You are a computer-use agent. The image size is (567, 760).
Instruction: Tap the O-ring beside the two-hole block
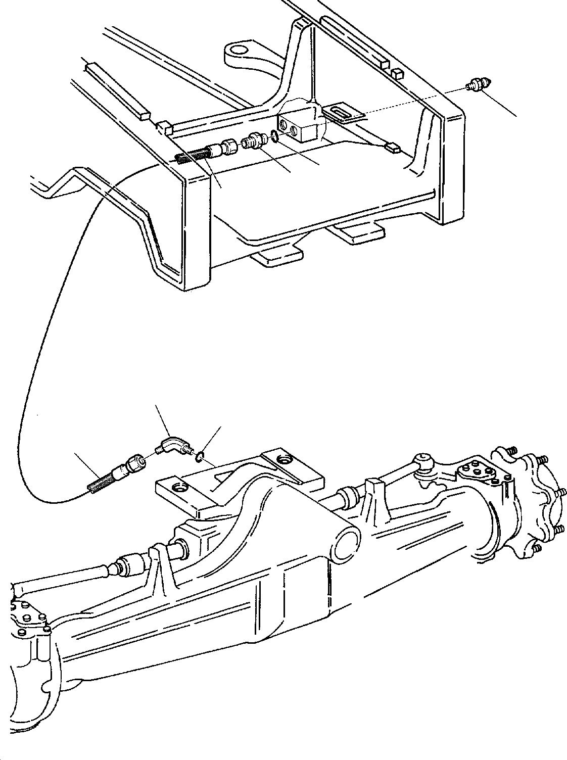273,135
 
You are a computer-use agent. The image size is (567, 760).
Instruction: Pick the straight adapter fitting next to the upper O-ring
254,140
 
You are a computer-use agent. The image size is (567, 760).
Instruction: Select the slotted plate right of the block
345,113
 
